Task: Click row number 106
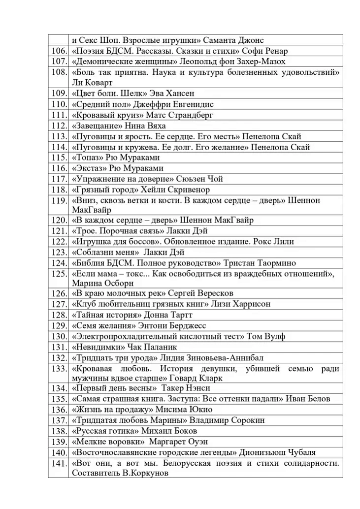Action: click(59, 51)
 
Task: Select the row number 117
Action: click(59, 179)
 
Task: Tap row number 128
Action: click(59, 315)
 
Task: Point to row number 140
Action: click(59, 452)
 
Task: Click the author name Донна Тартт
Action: click(168, 315)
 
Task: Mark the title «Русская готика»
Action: click(100, 431)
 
